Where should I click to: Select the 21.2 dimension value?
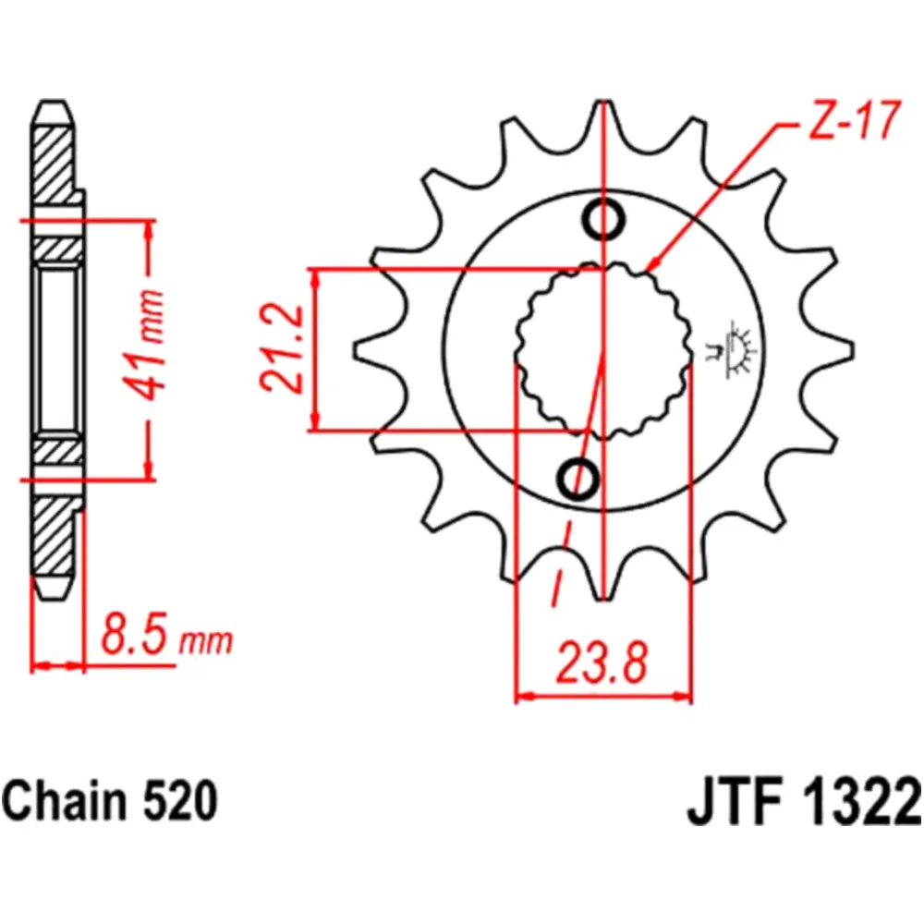point(281,349)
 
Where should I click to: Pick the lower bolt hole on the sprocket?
point(579,475)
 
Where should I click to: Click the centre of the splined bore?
point(602,349)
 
